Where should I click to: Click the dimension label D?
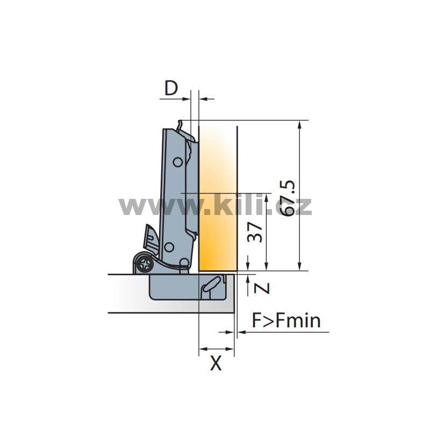171,88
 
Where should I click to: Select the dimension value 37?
255,232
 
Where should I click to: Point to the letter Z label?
262,288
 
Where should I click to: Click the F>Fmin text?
286,320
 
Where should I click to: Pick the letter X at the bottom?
216,363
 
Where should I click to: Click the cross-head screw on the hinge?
145,264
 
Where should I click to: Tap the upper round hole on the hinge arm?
178,162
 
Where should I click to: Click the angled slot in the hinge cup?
211,284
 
